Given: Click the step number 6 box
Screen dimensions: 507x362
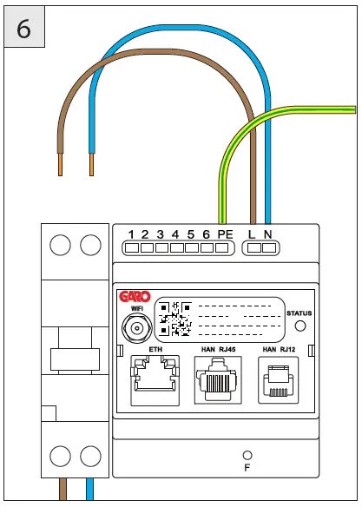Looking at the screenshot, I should point(24,28).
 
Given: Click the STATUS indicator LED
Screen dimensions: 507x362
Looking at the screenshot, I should point(300,326).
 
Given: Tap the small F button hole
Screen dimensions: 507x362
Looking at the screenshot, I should point(247,455).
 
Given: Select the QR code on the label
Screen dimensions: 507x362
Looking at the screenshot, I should point(175,319).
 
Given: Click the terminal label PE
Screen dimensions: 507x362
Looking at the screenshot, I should point(225,234).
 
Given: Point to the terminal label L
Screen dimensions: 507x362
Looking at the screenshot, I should point(253,234).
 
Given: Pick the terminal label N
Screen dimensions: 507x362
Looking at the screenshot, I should point(268,234).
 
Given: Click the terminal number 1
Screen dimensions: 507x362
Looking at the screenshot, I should point(130,234).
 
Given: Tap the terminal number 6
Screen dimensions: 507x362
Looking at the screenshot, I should point(205,234).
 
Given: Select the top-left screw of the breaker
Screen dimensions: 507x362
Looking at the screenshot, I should point(59,247).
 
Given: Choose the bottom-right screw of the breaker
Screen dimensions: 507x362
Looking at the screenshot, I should point(89,454).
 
